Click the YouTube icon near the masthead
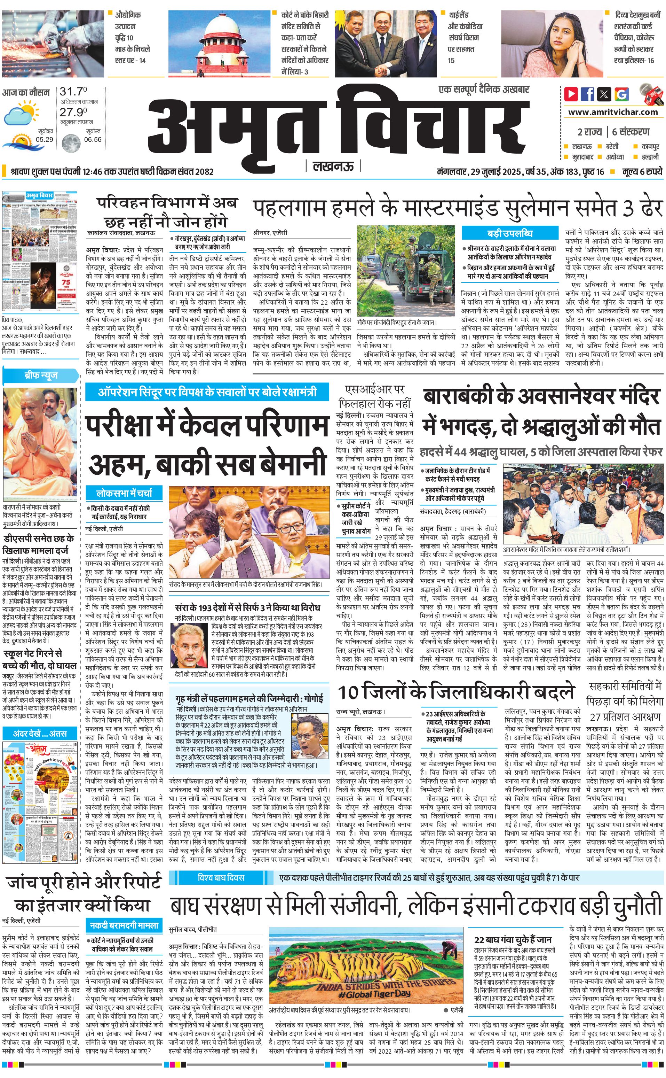click(571, 93)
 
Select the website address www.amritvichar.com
click(613, 112)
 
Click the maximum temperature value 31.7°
click(73, 92)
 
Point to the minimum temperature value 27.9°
click(73, 112)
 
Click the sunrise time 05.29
click(45, 139)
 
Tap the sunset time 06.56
click(93, 139)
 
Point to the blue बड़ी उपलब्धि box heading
click(510, 233)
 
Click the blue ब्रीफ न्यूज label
click(40, 375)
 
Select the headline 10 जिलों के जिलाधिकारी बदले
click(456, 692)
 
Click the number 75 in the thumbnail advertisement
click(66, 282)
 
